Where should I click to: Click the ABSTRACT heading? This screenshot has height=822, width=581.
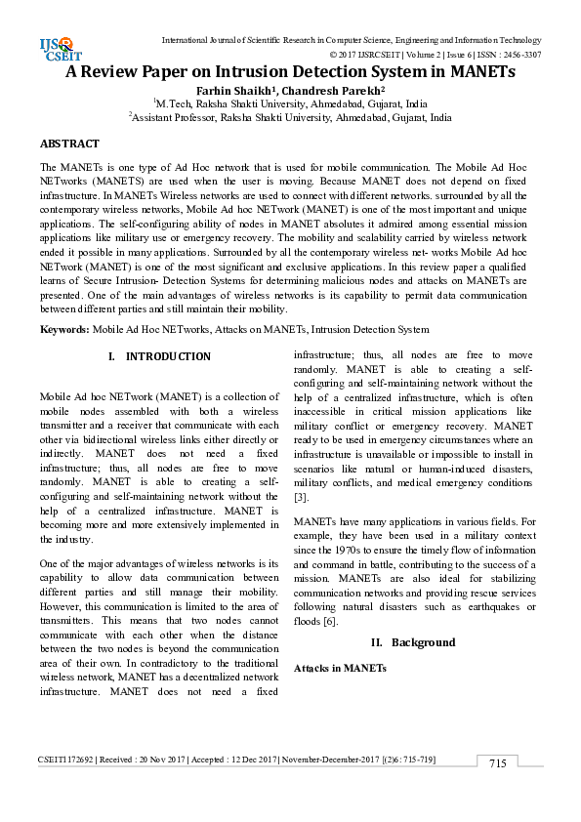pyautogui.click(x=69, y=144)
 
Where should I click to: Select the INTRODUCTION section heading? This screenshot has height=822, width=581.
pyautogui.click(x=168, y=357)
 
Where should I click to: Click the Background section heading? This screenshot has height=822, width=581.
pyautogui.click(x=423, y=642)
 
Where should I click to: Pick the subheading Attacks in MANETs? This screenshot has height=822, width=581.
pyautogui.click(x=341, y=668)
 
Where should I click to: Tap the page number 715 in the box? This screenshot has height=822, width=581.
pyautogui.click(x=497, y=762)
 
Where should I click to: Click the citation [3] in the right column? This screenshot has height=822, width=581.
pyautogui.click(x=301, y=497)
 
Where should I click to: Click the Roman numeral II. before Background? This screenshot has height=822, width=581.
pyautogui.click(x=377, y=642)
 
